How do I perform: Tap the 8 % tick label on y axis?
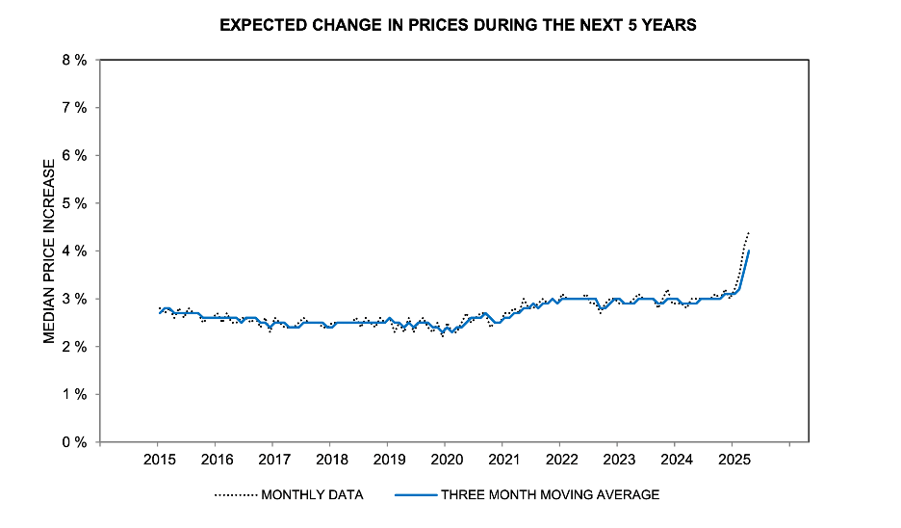pyautogui.click(x=74, y=60)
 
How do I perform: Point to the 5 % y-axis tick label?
pyautogui.click(x=74, y=203)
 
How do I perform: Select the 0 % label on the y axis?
pyautogui.click(x=74, y=442)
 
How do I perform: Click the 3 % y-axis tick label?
pyautogui.click(x=74, y=299)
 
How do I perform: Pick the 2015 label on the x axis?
pyautogui.click(x=159, y=459)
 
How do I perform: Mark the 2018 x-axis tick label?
pyautogui.click(x=331, y=459)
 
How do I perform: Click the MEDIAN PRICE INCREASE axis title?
pyautogui.click(x=49, y=251)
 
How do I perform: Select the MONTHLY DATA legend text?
pyautogui.click(x=312, y=495)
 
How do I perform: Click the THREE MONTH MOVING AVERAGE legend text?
pyautogui.click(x=550, y=495)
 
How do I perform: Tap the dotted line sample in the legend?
pyautogui.click(x=236, y=495)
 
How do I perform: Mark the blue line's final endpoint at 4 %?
pyautogui.click(x=750, y=251)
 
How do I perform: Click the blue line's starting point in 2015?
pyautogui.click(x=160, y=312)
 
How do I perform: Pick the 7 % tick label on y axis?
pyautogui.click(x=74, y=108)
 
